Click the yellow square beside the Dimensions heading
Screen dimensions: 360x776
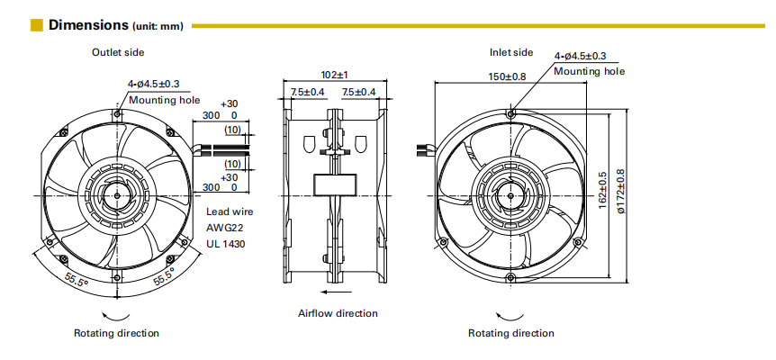click(37, 25)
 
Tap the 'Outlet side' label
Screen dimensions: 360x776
click(117, 52)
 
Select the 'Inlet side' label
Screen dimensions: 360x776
click(511, 52)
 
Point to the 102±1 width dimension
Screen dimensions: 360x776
click(334, 75)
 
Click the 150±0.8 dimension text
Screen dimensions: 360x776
click(507, 76)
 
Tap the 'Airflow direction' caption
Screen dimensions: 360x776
click(338, 313)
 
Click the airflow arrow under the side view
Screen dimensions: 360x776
click(337, 292)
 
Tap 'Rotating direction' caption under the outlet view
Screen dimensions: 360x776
click(116, 333)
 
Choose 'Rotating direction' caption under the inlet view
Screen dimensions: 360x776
click(510, 333)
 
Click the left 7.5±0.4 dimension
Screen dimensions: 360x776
click(308, 92)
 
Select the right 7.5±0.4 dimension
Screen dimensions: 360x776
click(360, 92)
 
